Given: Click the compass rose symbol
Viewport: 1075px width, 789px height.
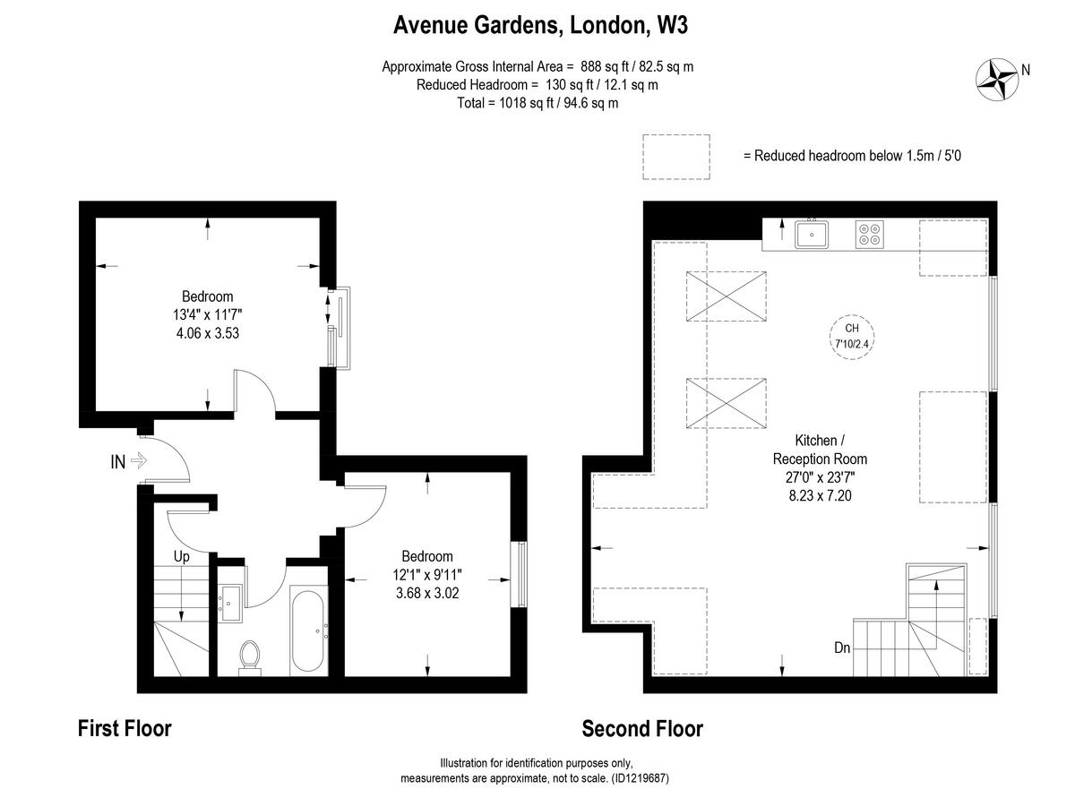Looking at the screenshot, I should pyautogui.click(x=995, y=79).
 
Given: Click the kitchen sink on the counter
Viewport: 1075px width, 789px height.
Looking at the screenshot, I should pyautogui.click(x=812, y=235).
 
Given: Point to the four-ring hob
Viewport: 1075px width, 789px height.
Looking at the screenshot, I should pyautogui.click(x=869, y=235).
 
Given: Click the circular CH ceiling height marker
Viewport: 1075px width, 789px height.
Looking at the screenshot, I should pyautogui.click(x=852, y=336).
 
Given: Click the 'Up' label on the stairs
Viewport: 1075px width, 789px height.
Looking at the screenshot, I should pyautogui.click(x=182, y=557).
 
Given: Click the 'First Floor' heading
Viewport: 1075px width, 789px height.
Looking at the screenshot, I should pyautogui.click(x=125, y=728).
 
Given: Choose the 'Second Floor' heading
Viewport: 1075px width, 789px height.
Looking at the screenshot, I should pyautogui.click(x=642, y=729).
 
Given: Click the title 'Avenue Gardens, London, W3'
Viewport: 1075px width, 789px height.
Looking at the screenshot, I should pyautogui.click(x=540, y=26).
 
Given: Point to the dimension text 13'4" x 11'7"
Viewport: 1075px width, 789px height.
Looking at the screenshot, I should pyautogui.click(x=207, y=314).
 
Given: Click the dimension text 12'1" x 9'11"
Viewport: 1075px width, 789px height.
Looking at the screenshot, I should pyautogui.click(x=426, y=574).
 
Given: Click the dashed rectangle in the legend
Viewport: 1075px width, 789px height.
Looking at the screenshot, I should pyautogui.click(x=675, y=156).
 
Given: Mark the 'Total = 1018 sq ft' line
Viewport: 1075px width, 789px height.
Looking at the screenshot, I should pyautogui.click(x=537, y=103).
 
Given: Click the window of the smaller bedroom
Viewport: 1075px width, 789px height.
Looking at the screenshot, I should pyautogui.click(x=519, y=574).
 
